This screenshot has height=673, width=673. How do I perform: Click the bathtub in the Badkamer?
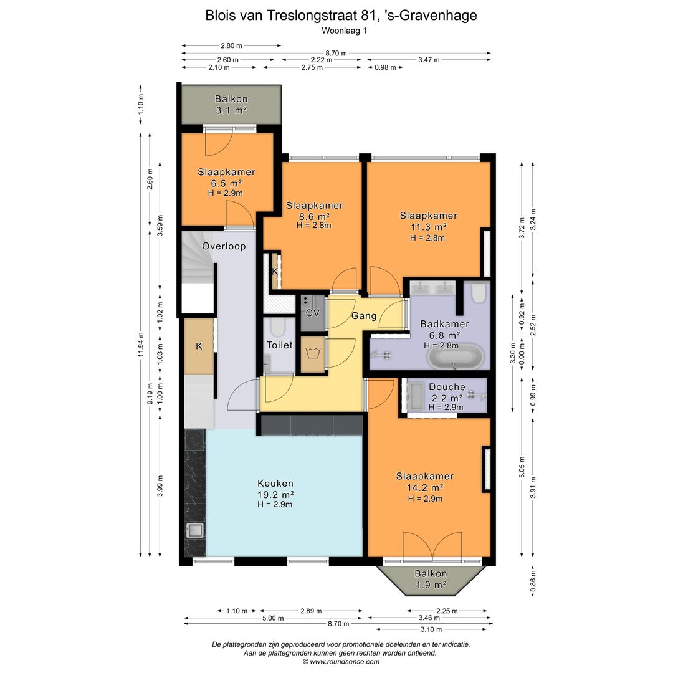[454, 358]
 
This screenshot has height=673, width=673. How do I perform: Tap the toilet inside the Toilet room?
[278, 327]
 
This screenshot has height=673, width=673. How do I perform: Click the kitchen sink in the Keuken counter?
[195, 530]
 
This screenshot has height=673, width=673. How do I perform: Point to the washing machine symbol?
[312, 354]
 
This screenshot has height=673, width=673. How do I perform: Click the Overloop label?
[224, 246]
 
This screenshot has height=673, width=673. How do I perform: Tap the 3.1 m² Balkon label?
[231, 105]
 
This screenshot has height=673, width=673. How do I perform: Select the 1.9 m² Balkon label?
[431, 579]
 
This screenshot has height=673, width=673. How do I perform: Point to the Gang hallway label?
[364, 316]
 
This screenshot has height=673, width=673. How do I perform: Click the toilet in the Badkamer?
[479, 292]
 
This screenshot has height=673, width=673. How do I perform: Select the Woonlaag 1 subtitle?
[341, 30]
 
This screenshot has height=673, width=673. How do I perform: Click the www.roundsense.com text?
[341, 662]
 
